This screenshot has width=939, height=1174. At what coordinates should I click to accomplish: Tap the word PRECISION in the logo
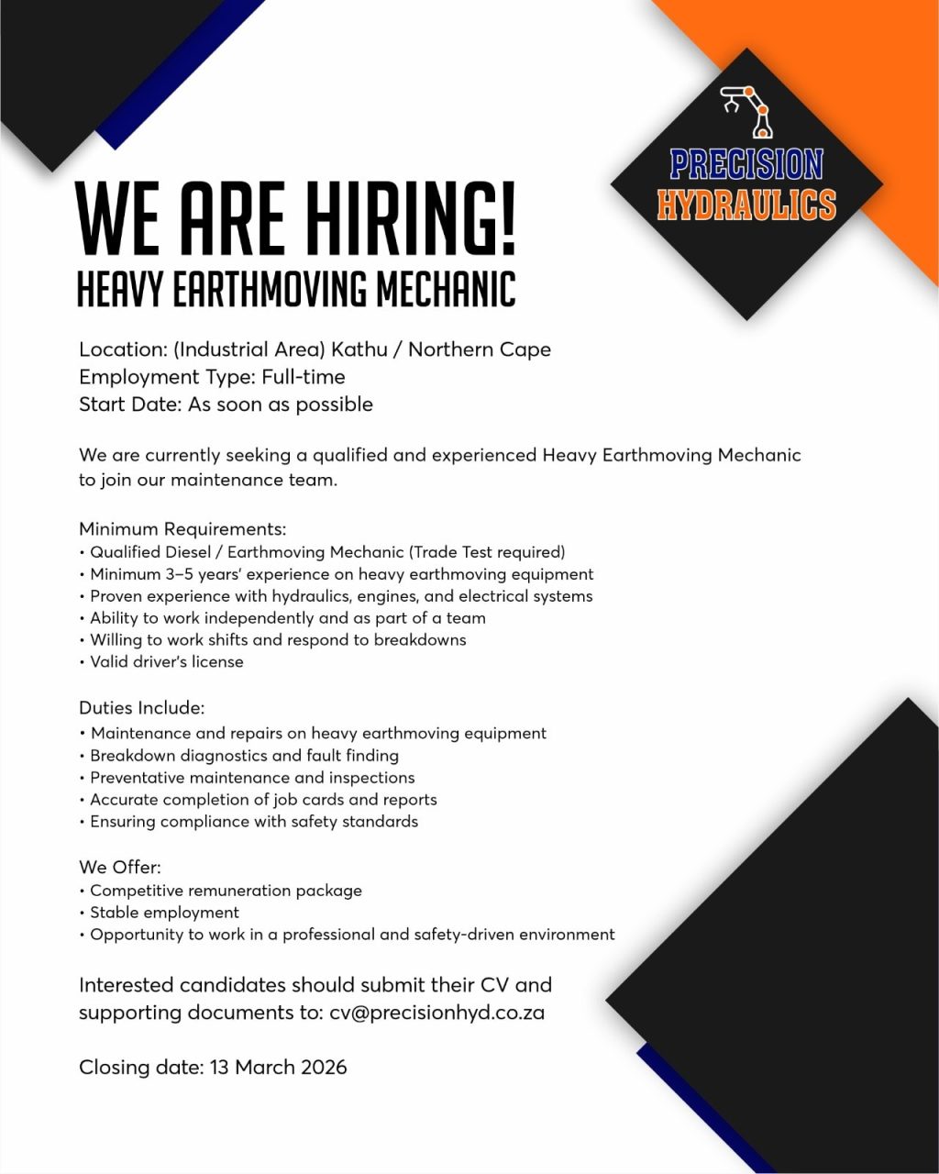click(746, 165)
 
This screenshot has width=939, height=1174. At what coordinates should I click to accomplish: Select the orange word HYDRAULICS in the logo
click(746, 205)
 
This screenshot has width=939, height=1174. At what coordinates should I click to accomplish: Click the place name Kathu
click(364, 349)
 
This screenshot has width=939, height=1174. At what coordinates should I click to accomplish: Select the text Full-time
click(303, 377)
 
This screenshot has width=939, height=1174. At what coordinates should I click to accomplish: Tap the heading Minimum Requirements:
click(182, 529)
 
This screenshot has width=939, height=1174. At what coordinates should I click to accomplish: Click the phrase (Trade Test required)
click(487, 552)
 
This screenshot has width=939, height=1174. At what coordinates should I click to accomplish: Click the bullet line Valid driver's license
click(166, 662)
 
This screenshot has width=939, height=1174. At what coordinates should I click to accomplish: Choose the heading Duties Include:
click(141, 708)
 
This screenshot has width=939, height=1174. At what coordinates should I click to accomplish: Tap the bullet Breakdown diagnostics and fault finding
click(244, 756)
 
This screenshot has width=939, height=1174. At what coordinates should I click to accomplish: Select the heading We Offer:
click(119, 868)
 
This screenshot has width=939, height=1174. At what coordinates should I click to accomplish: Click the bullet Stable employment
click(164, 913)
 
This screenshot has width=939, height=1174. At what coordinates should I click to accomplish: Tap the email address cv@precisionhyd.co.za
click(436, 1013)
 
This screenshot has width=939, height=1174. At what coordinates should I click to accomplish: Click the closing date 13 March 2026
click(278, 1068)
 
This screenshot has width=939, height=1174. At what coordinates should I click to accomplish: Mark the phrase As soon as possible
click(281, 404)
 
